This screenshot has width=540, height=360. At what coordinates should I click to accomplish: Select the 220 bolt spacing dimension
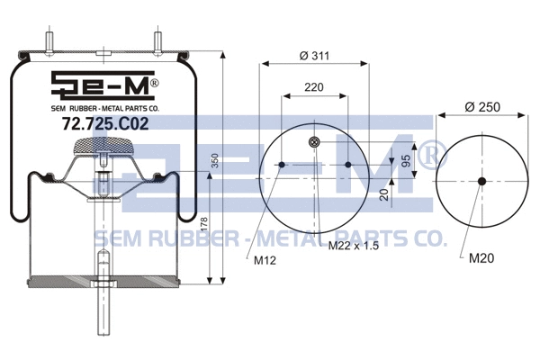click(x=312, y=88)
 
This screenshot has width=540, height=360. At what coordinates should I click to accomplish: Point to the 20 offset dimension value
click(x=383, y=194)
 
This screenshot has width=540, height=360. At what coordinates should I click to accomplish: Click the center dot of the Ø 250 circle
click(x=481, y=182)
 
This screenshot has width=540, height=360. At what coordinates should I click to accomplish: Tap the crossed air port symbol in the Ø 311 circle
click(x=313, y=141)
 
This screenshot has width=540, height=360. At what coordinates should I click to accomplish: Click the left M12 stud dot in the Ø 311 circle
click(x=281, y=166)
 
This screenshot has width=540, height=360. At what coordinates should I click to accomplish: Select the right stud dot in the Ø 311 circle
click(x=347, y=166)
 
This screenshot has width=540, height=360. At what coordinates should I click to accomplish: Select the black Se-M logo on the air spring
click(x=103, y=88)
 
